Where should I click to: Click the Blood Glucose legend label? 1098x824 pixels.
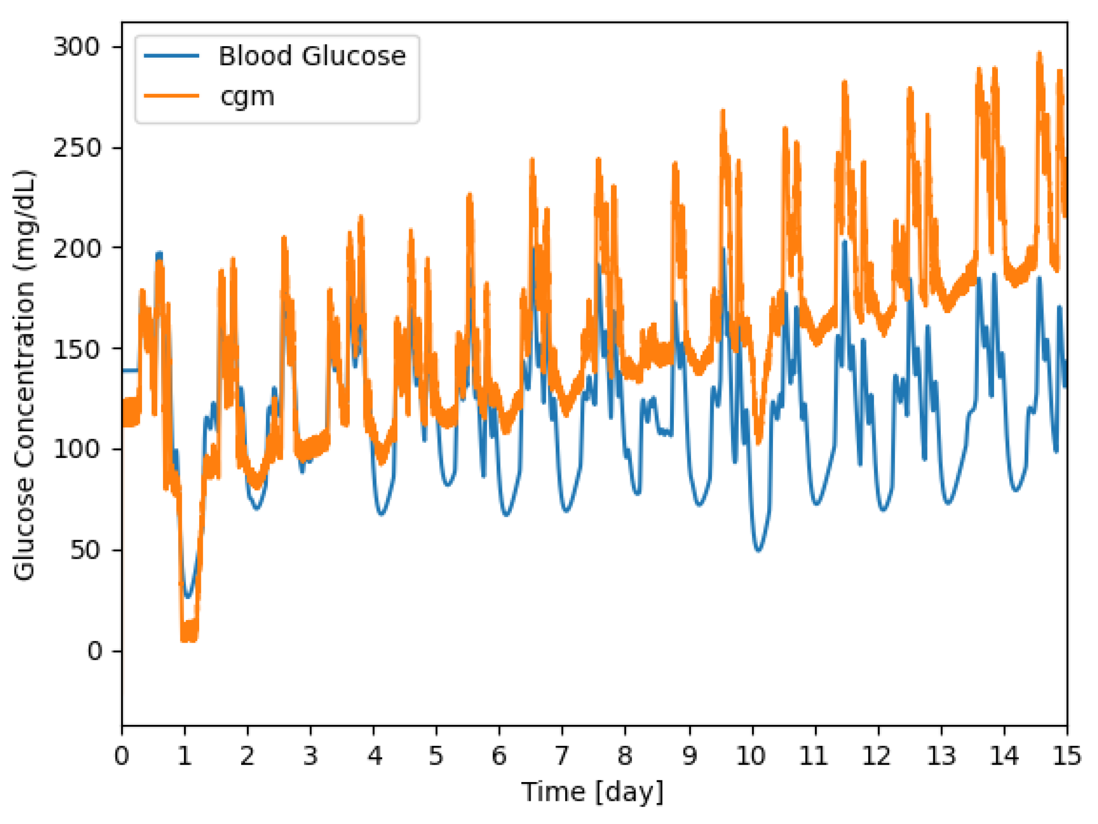tap(312, 56)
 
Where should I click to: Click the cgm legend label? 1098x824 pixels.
tap(247, 96)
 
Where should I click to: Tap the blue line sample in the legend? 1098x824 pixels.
tap(171, 56)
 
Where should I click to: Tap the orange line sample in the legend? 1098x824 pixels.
tap(171, 96)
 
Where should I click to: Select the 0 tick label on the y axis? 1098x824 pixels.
tap(94, 651)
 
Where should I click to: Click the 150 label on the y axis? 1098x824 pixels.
tap(77, 349)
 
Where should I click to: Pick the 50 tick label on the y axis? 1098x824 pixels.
tap(85, 550)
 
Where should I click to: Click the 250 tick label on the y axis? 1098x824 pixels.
tap(77, 148)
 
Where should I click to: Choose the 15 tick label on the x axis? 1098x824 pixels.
tap(1067, 756)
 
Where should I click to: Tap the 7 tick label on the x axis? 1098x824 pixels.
tap(562, 756)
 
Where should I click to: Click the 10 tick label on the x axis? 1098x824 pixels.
tap(751, 756)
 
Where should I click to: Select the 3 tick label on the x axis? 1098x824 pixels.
tap(310, 756)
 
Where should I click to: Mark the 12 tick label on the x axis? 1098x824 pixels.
tap(877, 756)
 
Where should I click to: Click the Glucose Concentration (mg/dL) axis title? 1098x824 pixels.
tap(24, 374)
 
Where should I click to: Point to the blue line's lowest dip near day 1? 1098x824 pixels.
tap(188, 596)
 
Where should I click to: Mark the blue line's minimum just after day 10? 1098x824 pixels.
tap(758, 550)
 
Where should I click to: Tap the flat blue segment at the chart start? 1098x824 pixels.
tap(130, 370)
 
